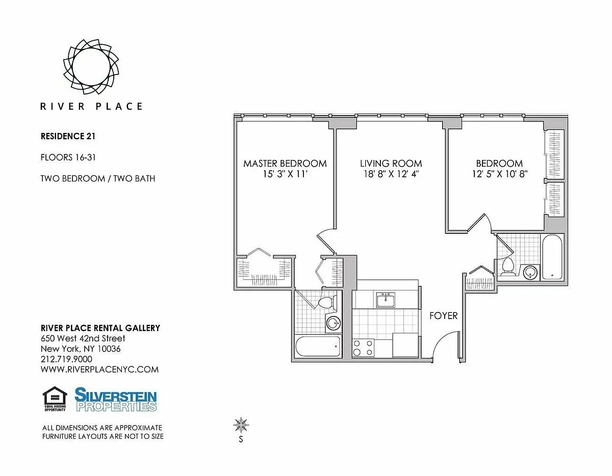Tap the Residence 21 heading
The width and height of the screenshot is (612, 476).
(x=68, y=137)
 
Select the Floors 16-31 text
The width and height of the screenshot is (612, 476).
(x=68, y=157)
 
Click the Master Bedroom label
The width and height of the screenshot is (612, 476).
(x=285, y=164)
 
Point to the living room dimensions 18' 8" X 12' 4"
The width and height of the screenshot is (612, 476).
(x=391, y=174)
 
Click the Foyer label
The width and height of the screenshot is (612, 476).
(x=443, y=316)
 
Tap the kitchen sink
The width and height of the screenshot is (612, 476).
(x=386, y=300)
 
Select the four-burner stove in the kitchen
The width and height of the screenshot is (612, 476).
(x=364, y=348)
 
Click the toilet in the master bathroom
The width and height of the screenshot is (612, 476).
(x=327, y=302)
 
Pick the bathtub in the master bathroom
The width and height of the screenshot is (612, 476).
(x=318, y=347)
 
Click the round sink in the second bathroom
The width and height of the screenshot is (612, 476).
(x=530, y=272)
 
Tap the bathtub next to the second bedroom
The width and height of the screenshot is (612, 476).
(x=552, y=257)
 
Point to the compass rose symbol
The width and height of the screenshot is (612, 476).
(x=241, y=426)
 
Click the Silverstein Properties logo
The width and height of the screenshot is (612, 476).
(x=115, y=400)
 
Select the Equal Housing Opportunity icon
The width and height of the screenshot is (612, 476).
(x=55, y=399)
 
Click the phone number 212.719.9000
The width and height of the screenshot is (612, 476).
(x=66, y=359)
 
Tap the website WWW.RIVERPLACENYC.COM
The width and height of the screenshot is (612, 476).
(x=99, y=369)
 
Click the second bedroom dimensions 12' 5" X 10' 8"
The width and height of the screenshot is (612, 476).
(x=500, y=174)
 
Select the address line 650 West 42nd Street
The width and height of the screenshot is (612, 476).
(x=83, y=338)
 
